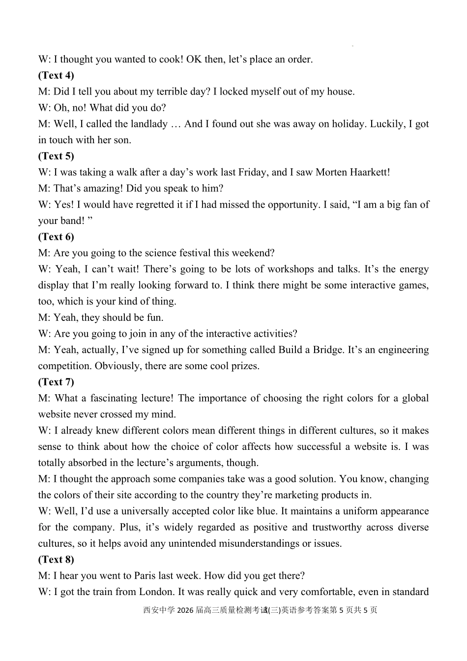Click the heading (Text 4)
pos(56,75)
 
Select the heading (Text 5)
pos(56,156)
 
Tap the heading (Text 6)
pos(56,237)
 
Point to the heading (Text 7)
pos(56,382)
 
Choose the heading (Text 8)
pos(56,560)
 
